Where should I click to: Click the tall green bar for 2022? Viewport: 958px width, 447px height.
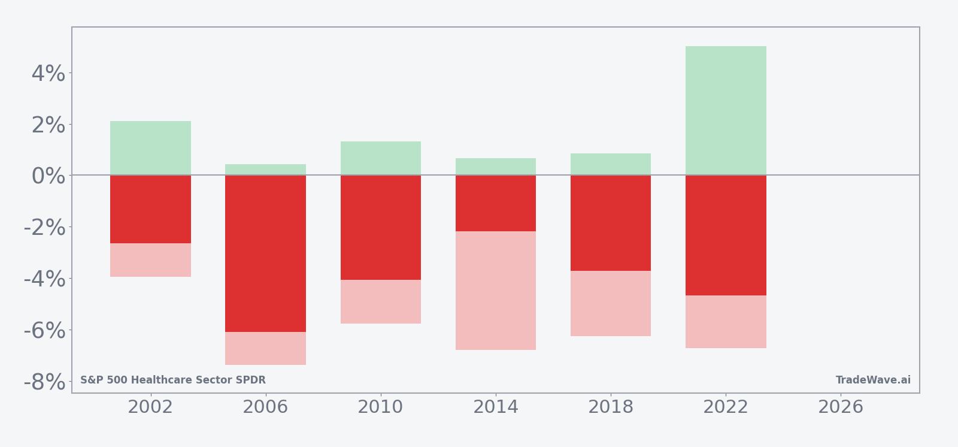[726, 111]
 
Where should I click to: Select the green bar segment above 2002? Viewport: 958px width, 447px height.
[150, 148]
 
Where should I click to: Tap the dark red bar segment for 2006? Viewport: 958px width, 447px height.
[265, 253]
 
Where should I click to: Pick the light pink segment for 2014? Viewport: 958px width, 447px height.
[496, 291]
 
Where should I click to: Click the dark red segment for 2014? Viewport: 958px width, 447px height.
[496, 203]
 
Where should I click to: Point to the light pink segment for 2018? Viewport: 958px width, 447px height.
[611, 303]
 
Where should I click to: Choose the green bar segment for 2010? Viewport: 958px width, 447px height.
[381, 158]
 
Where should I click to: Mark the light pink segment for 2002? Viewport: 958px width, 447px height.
[150, 260]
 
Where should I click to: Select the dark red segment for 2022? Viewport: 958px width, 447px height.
[726, 235]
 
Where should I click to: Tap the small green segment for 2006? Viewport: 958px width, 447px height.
[265, 170]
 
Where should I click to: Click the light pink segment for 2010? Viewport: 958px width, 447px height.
[381, 301]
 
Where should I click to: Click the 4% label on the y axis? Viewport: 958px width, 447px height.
[48, 74]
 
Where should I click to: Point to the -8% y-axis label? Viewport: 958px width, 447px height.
[44, 382]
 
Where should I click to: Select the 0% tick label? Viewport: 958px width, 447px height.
[48, 176]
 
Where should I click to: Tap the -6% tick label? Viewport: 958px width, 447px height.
[44, 330]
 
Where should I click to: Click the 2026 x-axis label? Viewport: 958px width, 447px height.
[841, 407]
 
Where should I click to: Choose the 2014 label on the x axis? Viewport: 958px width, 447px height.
[496, 407]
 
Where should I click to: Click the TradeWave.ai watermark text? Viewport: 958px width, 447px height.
[873, 380]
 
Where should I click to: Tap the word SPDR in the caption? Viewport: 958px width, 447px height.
[253, 380]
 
